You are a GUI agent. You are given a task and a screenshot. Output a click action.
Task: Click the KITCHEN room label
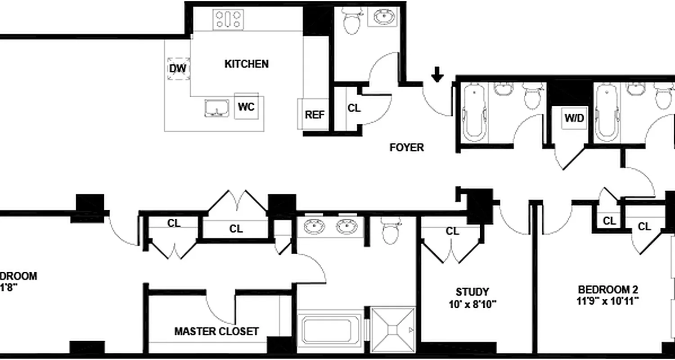coord(246,64)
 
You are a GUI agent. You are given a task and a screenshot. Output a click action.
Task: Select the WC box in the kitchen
coord(246,107)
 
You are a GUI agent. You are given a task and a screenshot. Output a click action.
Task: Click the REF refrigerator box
coord(315,115)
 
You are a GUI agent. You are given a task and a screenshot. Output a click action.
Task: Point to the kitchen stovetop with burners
coord(229,20)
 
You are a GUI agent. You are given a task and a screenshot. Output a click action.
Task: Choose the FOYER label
coord(406,147)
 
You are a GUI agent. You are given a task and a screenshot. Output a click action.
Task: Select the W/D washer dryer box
coord(574,118)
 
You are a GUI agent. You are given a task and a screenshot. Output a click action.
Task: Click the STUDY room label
coord(472,292)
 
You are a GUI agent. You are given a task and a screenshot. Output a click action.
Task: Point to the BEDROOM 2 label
coord(608,290)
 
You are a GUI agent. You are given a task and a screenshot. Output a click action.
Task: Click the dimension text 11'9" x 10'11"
coord(608,301)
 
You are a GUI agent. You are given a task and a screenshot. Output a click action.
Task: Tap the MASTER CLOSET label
coord(216,332)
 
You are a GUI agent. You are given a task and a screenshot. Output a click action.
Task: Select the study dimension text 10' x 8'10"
coord(472,304)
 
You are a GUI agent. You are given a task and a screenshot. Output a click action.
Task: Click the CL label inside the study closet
coord(453,231)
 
